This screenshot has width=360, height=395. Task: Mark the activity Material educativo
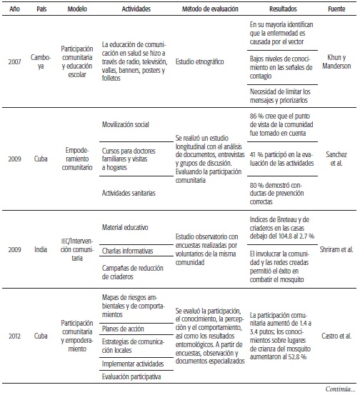(x=125, y=228)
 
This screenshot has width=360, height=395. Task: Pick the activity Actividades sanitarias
(x=129, y=193)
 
